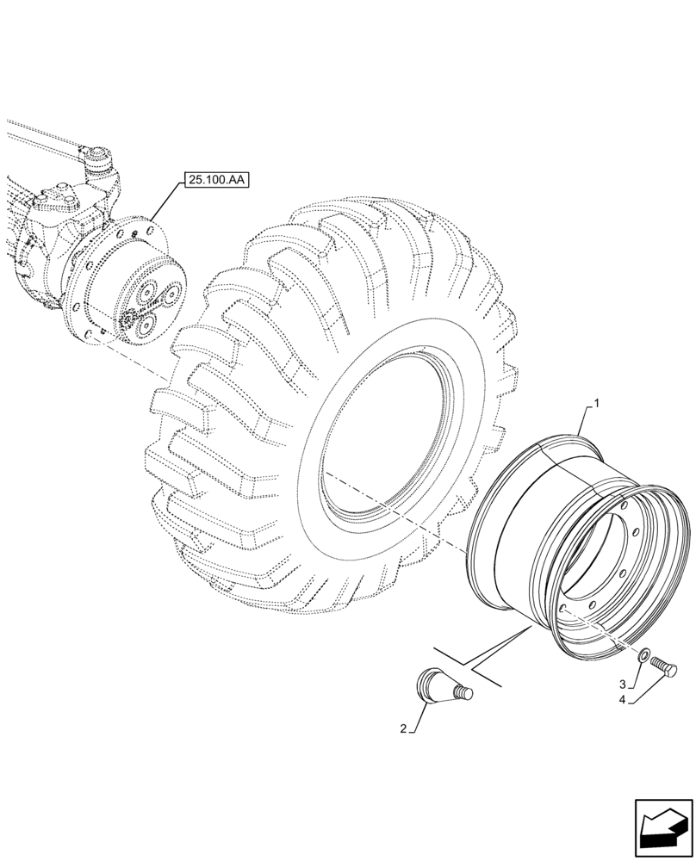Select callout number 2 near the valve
click(x=404, y=730)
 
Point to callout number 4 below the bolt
click(x=623, y=701)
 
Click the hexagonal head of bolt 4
click(x=672, y=669)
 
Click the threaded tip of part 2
click(x=465, y=691)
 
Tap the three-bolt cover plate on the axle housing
click(x=62, y=197)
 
